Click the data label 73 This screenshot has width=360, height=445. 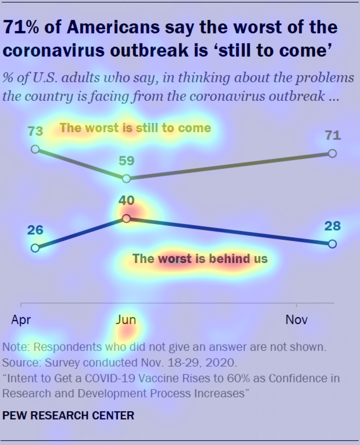(x=35, y=131)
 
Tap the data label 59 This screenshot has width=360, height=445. (x=126, y=161)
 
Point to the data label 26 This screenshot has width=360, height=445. (x=35, y=230)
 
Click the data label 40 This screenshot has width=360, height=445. (x=126, y=200)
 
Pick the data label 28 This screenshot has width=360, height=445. (x=332, y=226)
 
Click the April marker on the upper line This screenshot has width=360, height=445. (x=35, y=149)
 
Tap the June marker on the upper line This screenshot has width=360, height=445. (x=126, y=179)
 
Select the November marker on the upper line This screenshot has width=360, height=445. (x=332, y=153)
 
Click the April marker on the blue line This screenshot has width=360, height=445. (x=35, y=248)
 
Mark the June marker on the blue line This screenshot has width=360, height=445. (x=126, y=218)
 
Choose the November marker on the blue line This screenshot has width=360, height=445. (x=332, y=244)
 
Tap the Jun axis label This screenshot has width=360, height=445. (x=126, y=320)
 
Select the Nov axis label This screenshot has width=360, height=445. (x=297, y=320)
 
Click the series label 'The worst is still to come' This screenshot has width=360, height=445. (x=135, y=128)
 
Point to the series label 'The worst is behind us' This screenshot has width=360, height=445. (x=200, y=258)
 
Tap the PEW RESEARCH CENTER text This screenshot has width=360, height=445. (x=68, y=415)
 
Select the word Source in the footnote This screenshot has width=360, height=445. (x=20, y=363)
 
